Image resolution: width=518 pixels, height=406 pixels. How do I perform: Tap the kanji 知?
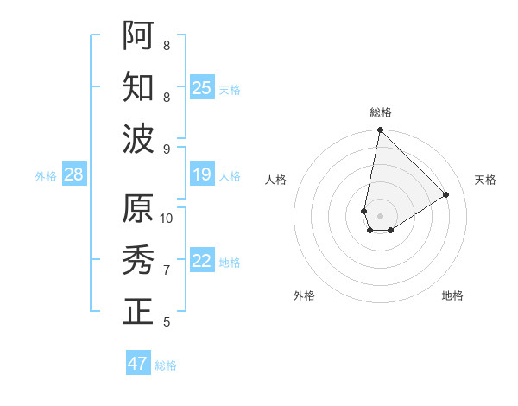pos(138,86)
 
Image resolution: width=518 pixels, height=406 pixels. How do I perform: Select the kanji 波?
pos(138,138)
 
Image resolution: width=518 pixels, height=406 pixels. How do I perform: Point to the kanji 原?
pos(138,208)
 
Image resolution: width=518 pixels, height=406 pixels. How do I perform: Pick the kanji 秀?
pos(138,259)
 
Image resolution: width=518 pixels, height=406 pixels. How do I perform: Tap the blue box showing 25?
pos(202,88)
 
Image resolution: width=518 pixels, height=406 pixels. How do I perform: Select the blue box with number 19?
pos(202,175)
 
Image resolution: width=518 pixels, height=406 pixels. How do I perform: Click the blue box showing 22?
pos(202,262)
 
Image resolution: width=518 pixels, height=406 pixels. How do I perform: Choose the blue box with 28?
pos(74,175)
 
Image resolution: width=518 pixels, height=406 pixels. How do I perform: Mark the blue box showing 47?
pos(138,364)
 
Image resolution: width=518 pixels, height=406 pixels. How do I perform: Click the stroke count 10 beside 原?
pos(167,218)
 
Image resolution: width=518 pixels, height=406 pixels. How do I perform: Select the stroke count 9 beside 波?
pos(167,149)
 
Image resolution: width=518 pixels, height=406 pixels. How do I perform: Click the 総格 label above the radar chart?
pos(380,112)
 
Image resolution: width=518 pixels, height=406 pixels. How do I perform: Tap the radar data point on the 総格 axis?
pos(380,131)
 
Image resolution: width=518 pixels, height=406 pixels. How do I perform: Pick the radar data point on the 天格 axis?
pos(446,195)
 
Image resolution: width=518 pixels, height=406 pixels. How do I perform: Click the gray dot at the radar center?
pos(380,215)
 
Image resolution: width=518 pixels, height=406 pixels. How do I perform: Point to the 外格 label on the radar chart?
pos(304,295)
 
